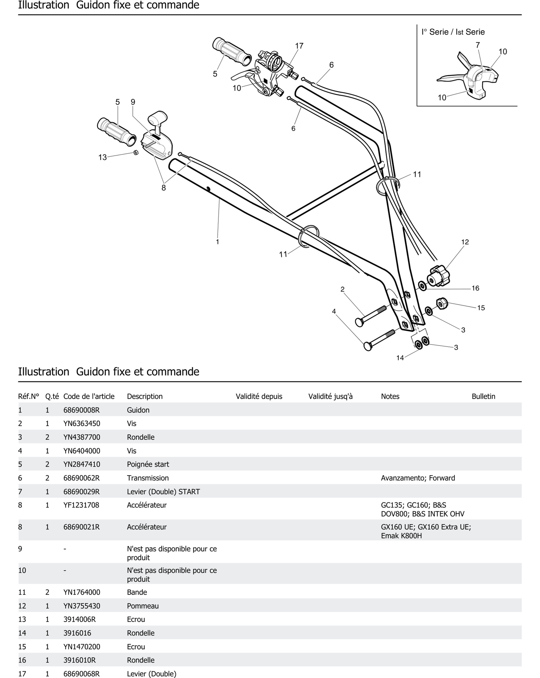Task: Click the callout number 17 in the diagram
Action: point(299,46)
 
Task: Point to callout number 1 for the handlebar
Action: point(217,242)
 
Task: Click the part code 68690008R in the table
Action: point(82,410)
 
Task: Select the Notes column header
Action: point(390,397)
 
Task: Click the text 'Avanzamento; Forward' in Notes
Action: point(418,478)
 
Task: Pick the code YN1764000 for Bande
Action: point(82,592)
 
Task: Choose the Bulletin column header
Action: point(483,397)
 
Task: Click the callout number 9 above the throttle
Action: point(133,102)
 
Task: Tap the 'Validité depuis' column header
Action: point(259,397)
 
